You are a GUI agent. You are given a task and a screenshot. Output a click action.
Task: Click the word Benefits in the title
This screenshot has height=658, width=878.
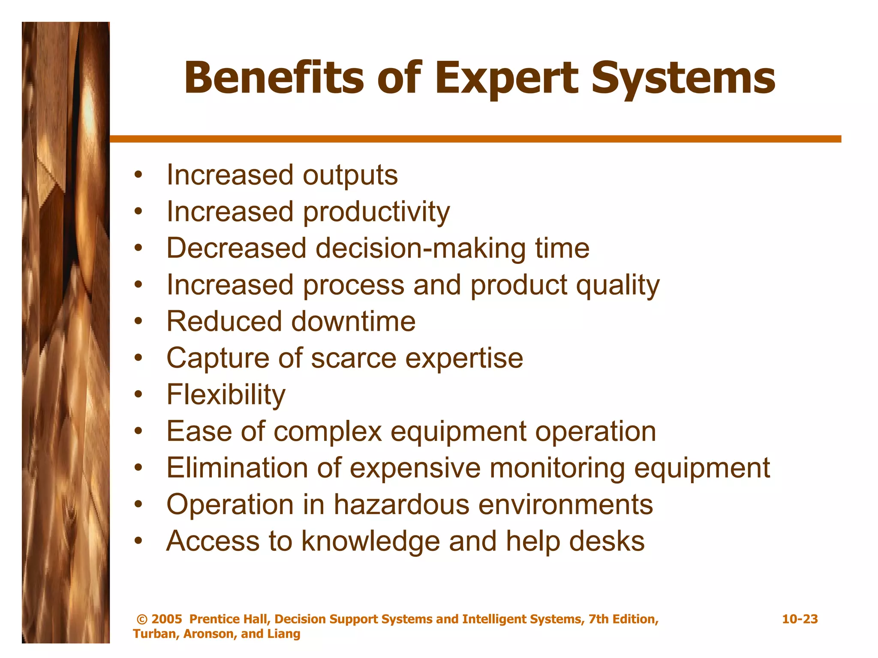point(274,78)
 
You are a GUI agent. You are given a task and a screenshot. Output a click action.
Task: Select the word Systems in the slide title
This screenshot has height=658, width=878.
point(683,78)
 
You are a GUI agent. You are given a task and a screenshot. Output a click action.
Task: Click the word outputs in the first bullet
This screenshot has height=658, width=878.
point(350,176)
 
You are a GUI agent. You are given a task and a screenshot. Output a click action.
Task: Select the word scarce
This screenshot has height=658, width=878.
point(354,359)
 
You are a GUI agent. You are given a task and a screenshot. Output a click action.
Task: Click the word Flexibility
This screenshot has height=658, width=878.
point(226,395)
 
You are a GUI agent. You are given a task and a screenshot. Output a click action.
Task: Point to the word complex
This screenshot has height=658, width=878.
point(328,431)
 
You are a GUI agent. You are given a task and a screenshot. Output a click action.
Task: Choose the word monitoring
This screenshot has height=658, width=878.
point(557,468)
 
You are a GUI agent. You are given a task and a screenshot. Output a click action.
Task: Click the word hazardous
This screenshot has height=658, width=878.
point(402,505)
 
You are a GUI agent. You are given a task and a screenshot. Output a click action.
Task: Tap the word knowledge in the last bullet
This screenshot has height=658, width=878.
point(370,541)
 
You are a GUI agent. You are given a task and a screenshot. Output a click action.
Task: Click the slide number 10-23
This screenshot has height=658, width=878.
point(800,619)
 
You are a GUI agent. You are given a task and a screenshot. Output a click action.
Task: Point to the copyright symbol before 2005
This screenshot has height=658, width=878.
point(142,619)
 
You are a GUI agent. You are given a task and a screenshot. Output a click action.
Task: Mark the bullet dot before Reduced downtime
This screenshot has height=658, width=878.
point(138,321)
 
